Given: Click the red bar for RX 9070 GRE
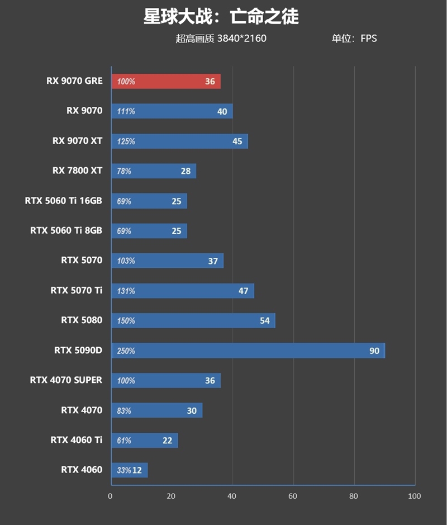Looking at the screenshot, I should click(166, 81).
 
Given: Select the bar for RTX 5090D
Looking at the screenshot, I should click(248, 351).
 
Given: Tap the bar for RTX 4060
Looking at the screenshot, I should click(130, 470).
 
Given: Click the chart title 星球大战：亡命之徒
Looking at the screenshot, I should click(221, 17).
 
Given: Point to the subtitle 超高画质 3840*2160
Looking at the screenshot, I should click(221, 39).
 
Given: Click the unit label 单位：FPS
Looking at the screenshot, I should click(354, 39).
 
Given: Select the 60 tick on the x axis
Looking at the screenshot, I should click(293, 496).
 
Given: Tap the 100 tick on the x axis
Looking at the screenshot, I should click(414, 496).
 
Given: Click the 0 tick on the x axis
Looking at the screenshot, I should click(110, 496).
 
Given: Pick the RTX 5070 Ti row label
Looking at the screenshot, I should click(77, 290).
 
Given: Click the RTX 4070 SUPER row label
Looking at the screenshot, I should click(66, 380).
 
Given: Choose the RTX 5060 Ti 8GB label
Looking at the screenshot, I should click(66, 230).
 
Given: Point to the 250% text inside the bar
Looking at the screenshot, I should click(126, 351).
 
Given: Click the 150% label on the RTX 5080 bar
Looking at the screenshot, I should click(126, 321).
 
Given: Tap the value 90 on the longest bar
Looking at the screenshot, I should click(374, 351).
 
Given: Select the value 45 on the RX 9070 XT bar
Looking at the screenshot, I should click(237, 141).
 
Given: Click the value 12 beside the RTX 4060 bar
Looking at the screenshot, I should click(137, 470).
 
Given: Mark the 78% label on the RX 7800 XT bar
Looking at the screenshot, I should click(124, 171).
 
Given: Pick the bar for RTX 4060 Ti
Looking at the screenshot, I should click(145, 440).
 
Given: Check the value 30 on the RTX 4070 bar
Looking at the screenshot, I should click(192, 410).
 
